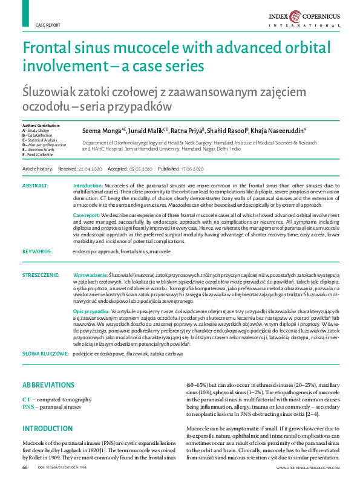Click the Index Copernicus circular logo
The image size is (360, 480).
coord(296,16)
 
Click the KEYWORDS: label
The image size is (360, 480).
coord(37,251)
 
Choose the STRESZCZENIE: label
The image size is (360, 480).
coord(41,274)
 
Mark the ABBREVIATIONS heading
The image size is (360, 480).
coord(48,385)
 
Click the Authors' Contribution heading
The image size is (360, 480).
coord(40,125)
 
